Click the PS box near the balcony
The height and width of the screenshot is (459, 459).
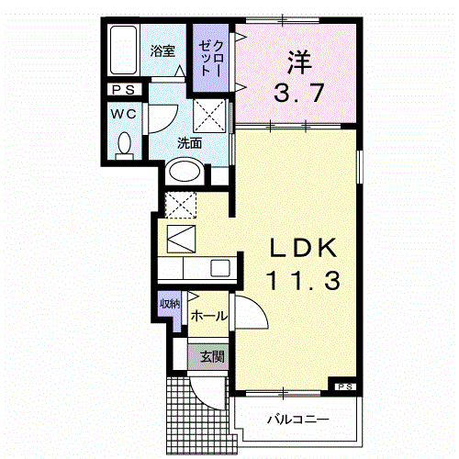coord(344,386)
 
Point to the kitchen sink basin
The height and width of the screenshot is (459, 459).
coord(221,268)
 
